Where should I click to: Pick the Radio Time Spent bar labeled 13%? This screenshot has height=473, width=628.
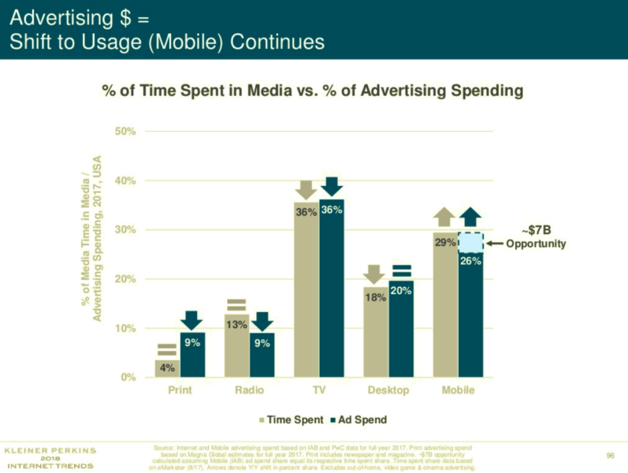pos(236,351)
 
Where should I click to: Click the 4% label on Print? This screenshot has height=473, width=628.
pos(167,368)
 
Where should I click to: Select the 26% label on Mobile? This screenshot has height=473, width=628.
pos(470,261)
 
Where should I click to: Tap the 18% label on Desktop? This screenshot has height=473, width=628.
pos(375,297)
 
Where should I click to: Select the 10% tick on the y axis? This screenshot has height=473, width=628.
pos(126,329)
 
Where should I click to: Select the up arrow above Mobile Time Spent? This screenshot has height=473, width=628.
pos(444,216)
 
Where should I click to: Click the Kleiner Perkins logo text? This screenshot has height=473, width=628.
pos(50,457)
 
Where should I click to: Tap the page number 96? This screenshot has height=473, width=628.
pos(610,455)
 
